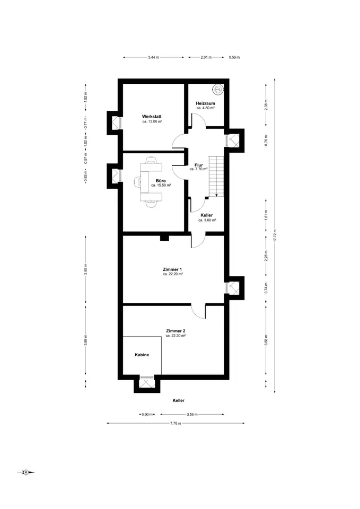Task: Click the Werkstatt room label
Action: click(152, 116)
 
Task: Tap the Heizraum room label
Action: click(206, 103)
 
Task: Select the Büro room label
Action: click(161, 181)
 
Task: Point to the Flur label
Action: click(199, 165)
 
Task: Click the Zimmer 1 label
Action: click(172, 269)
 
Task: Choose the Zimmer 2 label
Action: click(175, 331)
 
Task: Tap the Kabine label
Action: click(142, 355)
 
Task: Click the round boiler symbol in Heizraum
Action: click(218, 89)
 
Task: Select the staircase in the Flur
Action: click(216, 176)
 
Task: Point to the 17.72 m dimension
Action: click(275, 235)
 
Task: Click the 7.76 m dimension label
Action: click(175, 423)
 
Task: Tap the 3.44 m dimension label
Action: click(154, 57)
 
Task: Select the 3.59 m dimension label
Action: click(192, 415)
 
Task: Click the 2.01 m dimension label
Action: click(206, 57)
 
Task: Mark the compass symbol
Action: click(26, 472)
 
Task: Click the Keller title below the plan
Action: click(179, 401)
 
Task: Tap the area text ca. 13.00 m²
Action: click(152, 121)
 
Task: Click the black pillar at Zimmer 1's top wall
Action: click(164, 238)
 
